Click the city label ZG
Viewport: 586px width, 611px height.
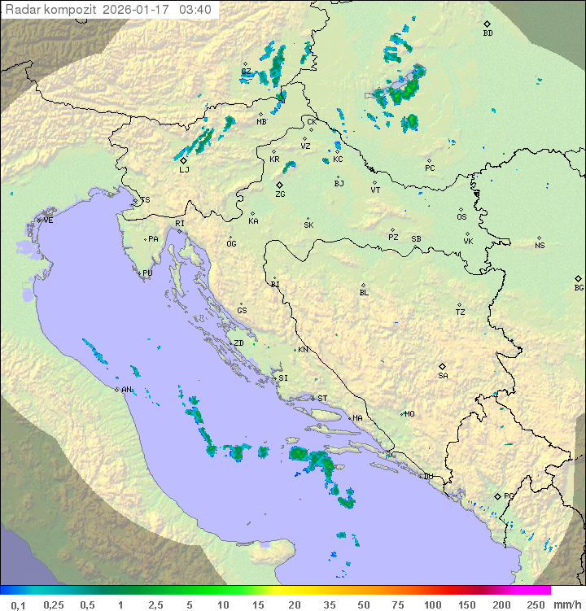click(x=280, y=194)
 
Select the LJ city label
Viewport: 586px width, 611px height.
click(x=184, y=170)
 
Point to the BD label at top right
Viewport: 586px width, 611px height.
click(x=488, y=33)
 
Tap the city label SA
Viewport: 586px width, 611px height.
click(x=443, y=375)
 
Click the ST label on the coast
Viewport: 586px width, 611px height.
click(x=322, y=399)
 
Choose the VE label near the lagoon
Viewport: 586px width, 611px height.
click(x=48, y=220)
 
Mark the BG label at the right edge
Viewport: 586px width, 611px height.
click(x=579, y=287)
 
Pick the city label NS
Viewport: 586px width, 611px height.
click(x=540, y=245)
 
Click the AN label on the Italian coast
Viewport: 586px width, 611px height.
click(x=126, y=390)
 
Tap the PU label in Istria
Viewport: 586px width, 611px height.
click(x=147, y=273)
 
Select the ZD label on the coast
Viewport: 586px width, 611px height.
click(x=238, y=343)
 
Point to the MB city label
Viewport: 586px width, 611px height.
click(x=261, y=122)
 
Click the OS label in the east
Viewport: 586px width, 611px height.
click(x=461, y=217)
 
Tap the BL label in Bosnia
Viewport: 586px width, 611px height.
click(x=364, y=292)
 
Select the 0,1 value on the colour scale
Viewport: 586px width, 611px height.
click(x=18, y=604)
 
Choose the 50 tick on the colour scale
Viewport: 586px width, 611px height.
click(x=364, y=604)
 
